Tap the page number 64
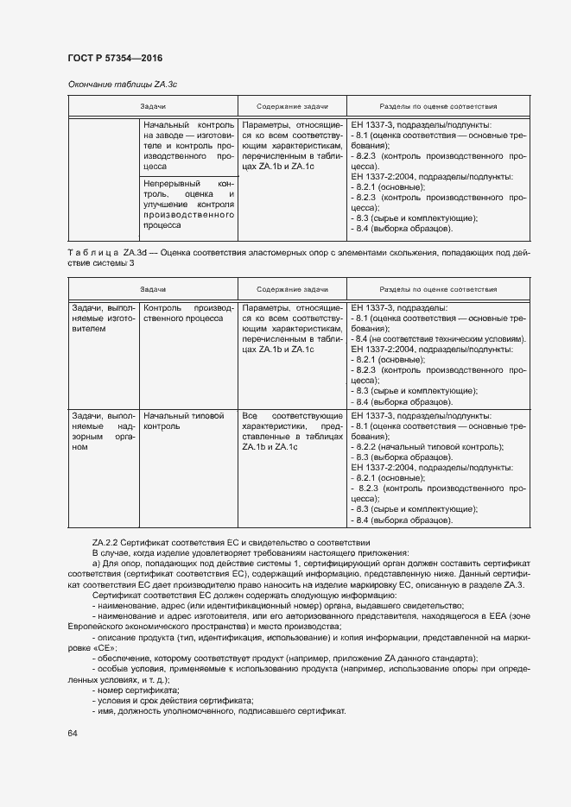click(x=73, y=733)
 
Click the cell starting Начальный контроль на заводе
click(x=188, y=146)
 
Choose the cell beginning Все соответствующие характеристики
click(x=282, y=432)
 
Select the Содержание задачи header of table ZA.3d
click(x=291, y=288)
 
